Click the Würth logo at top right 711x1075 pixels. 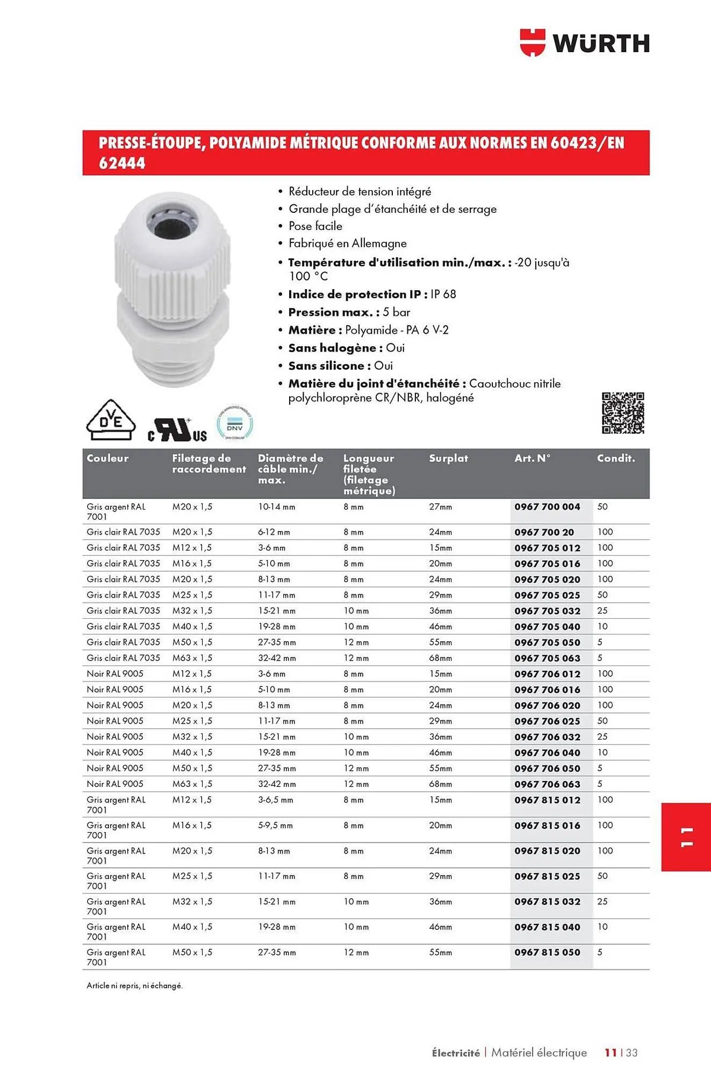(585, 43)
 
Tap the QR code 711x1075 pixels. (622, 413)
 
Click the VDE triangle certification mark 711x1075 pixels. (111, 420)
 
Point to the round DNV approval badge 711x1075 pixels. (235, 424)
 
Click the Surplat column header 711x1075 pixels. (448, 458)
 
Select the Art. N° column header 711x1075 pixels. (532, 458)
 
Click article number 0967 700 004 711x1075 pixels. (547, 507)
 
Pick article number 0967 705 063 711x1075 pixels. (547, 658)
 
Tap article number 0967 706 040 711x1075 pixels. (547, 753)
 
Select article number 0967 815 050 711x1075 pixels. (547, 952)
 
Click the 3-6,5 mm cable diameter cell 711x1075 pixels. (276, 800)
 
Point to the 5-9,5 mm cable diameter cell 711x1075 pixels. (275, 826)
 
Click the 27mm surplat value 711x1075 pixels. (440, 507)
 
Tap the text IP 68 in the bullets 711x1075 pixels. (443, 294)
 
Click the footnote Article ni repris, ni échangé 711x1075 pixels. (134, 986)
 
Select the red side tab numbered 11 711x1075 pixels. (686, 837)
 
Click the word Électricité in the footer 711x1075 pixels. (456, 1053)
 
